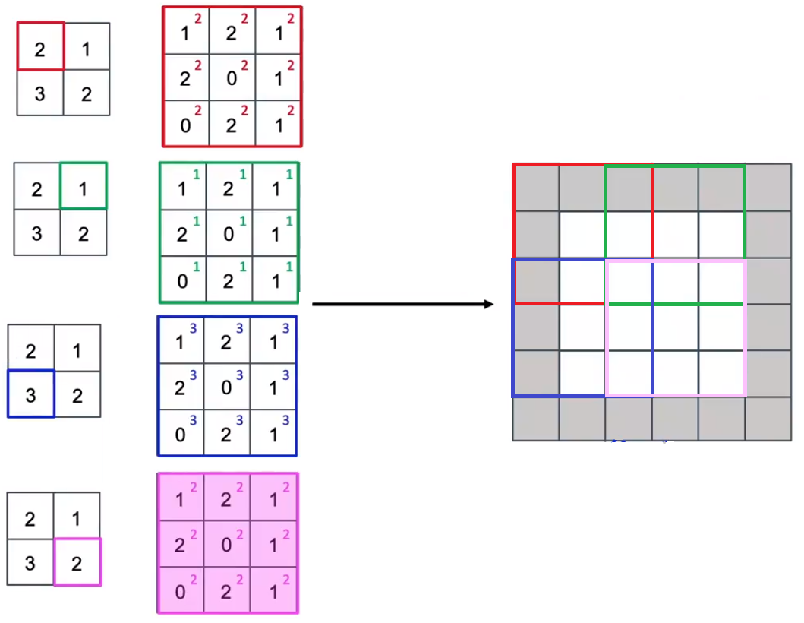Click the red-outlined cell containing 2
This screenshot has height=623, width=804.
[x=40, y=47]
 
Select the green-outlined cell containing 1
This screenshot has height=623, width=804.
[x=83, y=186]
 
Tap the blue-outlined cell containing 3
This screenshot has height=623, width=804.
[x=31, y=394]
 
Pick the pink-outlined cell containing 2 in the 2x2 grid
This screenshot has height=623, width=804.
[x=77, y=562]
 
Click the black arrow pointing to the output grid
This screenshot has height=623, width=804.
[x=403, y=305]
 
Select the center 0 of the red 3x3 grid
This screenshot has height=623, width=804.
[x=232, y=77]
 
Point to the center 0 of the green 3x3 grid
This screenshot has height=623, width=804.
[x=228, y=232]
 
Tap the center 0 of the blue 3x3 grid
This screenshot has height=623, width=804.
[x=226, y=387]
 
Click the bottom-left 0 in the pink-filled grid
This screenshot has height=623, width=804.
[x=181, y=590]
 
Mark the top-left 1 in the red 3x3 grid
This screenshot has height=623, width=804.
[x=186, y=32]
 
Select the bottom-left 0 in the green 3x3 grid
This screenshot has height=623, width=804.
[x=182, y=280]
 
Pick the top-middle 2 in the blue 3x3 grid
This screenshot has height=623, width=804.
[x=226, y=340]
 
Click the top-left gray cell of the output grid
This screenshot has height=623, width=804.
[x=536, y=187]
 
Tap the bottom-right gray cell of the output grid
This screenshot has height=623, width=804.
[x=768, y=418]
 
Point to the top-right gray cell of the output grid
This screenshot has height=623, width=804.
[x=768, y=187]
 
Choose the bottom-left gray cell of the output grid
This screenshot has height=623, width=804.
[x=536, y=418]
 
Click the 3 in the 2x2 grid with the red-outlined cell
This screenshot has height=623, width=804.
[x=40, y=93]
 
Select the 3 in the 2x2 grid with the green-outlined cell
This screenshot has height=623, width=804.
[x=37, y=232]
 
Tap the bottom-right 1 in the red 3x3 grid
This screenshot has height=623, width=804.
[x=279, y=124]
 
